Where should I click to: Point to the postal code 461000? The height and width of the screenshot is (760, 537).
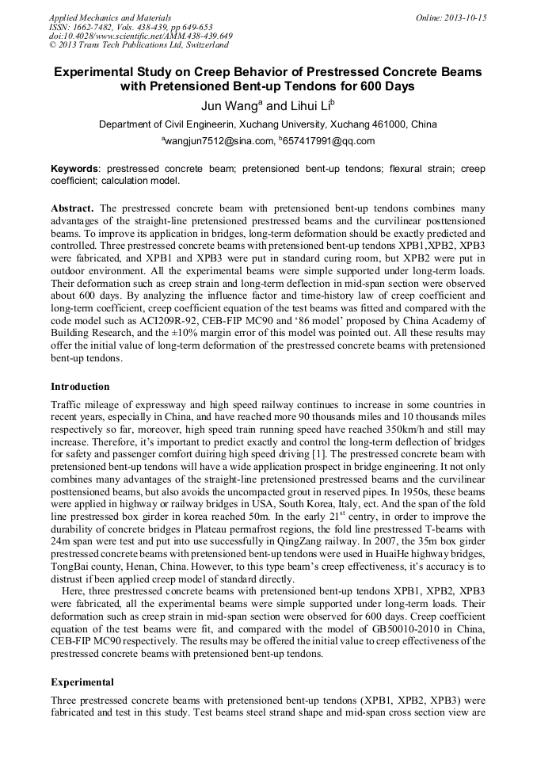coord(389,124)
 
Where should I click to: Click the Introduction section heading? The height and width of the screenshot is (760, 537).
coord(80,387)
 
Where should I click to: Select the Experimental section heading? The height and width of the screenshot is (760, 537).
coord(82,682)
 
